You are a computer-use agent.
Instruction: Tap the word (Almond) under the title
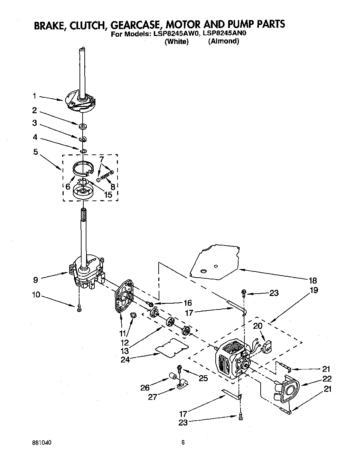coord(223,41)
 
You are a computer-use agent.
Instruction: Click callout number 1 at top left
coord(35,96)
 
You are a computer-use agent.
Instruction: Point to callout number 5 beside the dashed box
coord(36,152)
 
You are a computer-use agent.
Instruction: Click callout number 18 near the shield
coord(312,280)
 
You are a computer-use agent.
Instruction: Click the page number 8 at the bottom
coord(183,442)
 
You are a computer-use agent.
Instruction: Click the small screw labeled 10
coord(79,307)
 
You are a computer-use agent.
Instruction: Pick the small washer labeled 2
coord(83,125)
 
